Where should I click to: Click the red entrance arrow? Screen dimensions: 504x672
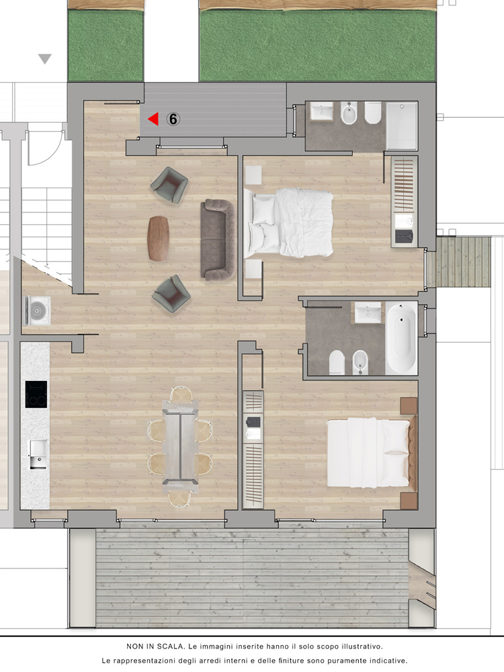tap(153, 119)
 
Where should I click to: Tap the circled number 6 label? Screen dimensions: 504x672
tap(173, 119)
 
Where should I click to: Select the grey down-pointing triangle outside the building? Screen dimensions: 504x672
tap(45, 58)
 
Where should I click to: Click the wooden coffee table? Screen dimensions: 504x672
tap(158, 238)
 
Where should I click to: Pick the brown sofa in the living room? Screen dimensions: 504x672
tap(218, 240)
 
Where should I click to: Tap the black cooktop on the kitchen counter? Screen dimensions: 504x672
tap(36, 394)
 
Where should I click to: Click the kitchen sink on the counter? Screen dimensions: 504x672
tap(38, 455)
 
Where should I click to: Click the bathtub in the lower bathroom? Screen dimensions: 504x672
tap(401, 339)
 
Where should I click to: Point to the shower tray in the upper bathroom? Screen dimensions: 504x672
tap(402, 126)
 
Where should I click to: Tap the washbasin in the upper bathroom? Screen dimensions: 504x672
tap(322, 112)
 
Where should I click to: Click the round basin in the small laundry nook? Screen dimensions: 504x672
tap(38, 310)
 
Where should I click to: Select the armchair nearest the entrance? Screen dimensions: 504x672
tap(169, 185)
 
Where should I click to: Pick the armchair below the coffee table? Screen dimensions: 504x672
tap(171, 294)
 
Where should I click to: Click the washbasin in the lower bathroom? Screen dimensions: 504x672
tap(368, 312)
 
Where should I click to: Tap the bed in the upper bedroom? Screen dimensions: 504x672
tap(289, 223)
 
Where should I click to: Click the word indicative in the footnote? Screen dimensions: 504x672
tap(386, 661)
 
